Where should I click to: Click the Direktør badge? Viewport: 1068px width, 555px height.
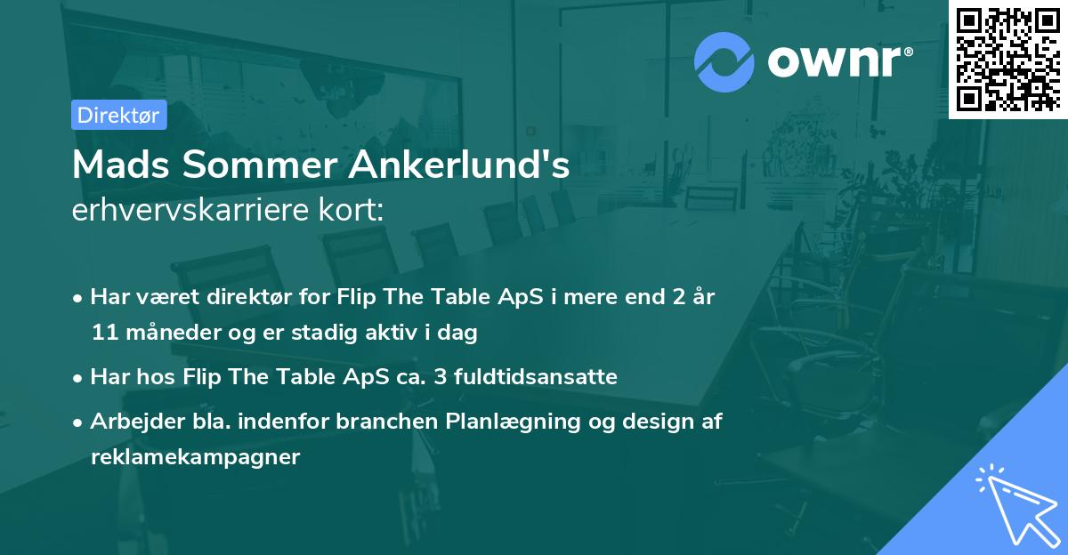pos(119,115)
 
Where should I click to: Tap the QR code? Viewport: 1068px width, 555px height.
pos(1008,60)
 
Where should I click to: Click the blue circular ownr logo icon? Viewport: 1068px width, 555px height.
pos(724,62)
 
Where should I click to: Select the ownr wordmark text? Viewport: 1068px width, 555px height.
pos(840,62)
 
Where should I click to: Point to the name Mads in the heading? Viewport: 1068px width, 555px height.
pos(121,165)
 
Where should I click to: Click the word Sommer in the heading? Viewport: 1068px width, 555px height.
pos(260,165)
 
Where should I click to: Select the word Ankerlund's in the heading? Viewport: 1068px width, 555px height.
pos(459,165)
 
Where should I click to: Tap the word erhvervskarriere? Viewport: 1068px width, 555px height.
pos(190,210)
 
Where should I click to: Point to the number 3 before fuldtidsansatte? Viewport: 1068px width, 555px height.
pos(441,377)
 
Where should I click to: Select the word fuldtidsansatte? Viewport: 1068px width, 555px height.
pos(536,376)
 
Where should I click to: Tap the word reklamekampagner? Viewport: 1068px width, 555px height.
pos(196,457)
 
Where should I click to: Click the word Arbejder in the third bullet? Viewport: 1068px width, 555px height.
pos(137,422)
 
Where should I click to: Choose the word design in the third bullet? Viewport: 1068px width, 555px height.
pos(658,422)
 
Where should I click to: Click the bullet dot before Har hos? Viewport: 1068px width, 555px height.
pos(77,379)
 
